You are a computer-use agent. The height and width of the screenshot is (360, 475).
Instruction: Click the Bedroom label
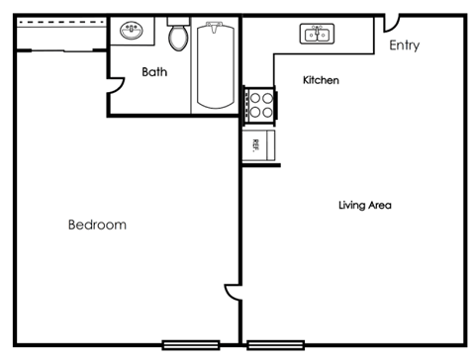pyautogui.click(x=97, y=225)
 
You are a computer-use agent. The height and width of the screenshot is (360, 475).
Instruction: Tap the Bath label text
pyautogui.click(x=154, y=72)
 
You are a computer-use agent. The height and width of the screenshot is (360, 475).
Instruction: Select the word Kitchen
pyautogui.click(x=322, y=79)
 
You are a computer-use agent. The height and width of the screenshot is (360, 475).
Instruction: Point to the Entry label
pyautogui.click(x=405, y=45)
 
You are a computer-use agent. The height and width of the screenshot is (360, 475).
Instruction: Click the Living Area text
pyautogui.click(x=365, y=206)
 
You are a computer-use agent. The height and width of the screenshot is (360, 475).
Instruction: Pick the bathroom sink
pyautogui.click(x=132, y=31)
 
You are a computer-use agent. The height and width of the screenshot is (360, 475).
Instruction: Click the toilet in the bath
pyautogui.click(x=178, y=37)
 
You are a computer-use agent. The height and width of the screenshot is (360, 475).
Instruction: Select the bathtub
pyautogui.click(x=214, y=64)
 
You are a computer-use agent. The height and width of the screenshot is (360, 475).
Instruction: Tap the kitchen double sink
pyautogui.click(x=317, y=35)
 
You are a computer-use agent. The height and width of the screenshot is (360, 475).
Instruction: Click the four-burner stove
pyautogui.click(x=260, y=105)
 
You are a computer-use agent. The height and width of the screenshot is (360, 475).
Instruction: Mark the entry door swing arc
pyautogui.click(x=391, y=22)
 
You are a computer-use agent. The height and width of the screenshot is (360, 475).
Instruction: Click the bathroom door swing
pyautogui.click(x=116, y=91)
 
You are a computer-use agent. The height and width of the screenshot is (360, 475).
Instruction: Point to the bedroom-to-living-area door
pyautogui.click(x=232, y=293)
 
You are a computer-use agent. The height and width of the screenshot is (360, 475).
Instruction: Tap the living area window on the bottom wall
pyautogui.click(x=276, y=344)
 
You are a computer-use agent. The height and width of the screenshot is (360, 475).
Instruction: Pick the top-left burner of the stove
pyautogui.click(x=253, y=98)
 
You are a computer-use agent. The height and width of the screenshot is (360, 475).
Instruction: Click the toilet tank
pyautogui.click(x=178, y=20)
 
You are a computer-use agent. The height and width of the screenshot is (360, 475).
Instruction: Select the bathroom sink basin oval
pyautogui.click(x=132, y=30)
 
